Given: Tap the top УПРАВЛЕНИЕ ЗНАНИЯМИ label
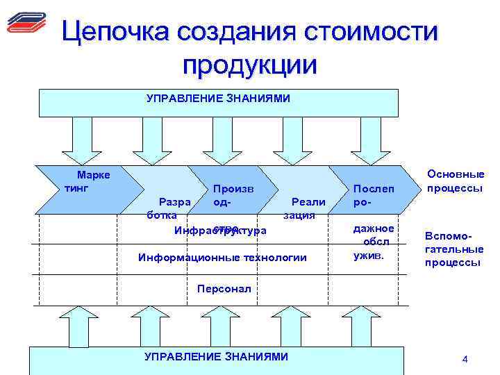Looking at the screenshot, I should click(x=218, y=99).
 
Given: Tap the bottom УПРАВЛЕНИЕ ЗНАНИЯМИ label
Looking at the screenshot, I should click(x=215, y=356).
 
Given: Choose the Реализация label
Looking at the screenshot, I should click(x=303, y=208).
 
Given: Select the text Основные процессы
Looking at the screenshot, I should click(x=456, y=182).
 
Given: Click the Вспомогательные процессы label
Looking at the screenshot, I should click(x=455, y=249).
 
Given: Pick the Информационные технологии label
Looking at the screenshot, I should click(x=222, y=258).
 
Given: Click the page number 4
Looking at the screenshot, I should click(x=465, y=359).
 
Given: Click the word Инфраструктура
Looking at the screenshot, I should click(x=219, y=231).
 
